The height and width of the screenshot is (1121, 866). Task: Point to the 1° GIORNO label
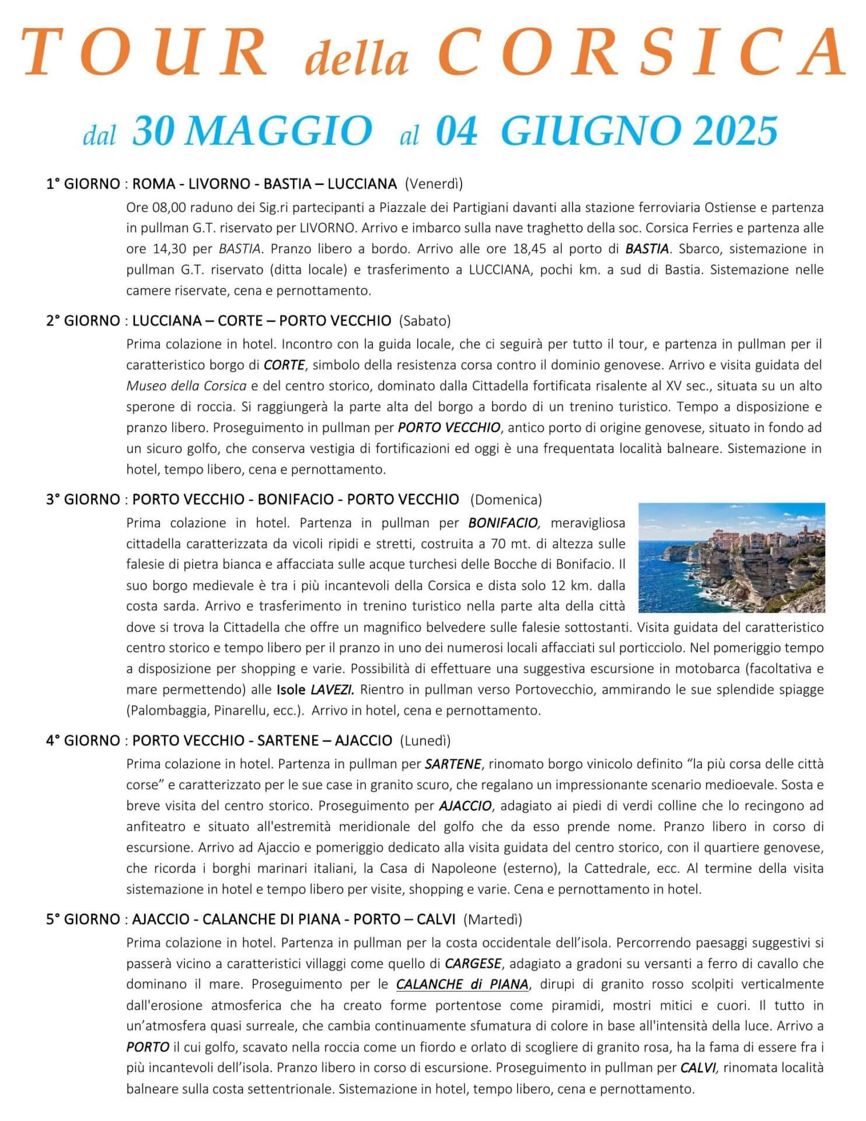82,184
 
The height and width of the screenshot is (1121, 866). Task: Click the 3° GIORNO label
82,500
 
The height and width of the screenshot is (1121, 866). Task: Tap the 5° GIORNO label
82,920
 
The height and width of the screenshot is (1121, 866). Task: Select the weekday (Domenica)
506,500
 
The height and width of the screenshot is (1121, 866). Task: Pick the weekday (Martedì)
493,920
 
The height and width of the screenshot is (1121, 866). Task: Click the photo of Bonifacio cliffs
732,558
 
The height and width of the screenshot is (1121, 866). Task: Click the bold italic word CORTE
284,365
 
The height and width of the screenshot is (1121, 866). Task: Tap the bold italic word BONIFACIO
505,523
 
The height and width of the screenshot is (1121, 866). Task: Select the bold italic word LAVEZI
332,690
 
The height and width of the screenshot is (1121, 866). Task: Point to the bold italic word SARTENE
453,764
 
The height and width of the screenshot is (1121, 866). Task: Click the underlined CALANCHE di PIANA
462,984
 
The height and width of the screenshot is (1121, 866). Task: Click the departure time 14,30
169,249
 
